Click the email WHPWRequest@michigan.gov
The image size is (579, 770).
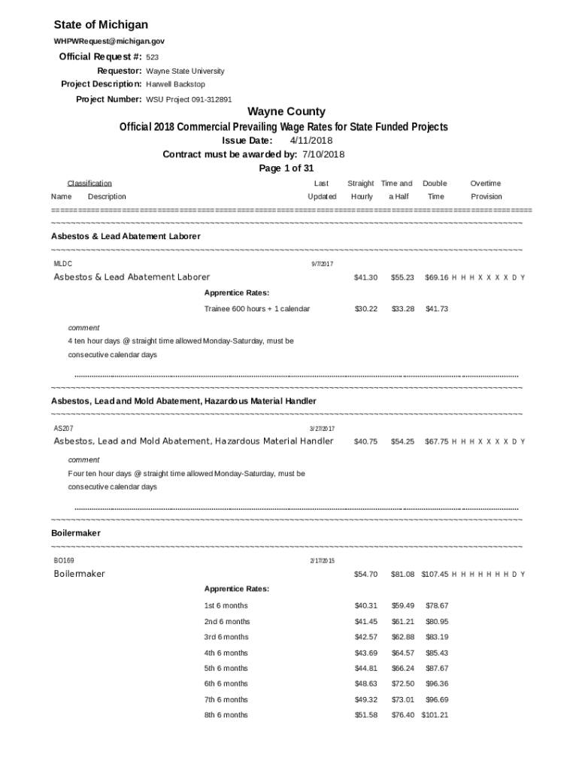[109, 41]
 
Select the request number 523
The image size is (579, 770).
[152, 57]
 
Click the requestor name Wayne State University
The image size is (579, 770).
[185, 71]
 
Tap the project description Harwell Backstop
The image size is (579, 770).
[175, 84]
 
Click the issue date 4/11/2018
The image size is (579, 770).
[311, 141]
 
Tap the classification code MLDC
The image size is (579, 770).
[63, 264]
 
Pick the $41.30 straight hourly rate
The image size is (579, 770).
[365, 277]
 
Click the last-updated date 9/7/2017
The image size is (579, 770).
[322, 264]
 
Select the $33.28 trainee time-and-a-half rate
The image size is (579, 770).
[402, 309]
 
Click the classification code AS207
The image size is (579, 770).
[64, 428]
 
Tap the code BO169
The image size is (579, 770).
[64, 560]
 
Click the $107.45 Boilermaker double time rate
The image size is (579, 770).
[435, 574]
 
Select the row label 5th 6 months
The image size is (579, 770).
[226, 668]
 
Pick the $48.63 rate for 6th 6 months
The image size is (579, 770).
[365, 684]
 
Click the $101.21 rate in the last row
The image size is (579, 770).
[435, 715]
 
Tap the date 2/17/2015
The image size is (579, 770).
[322, 561]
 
